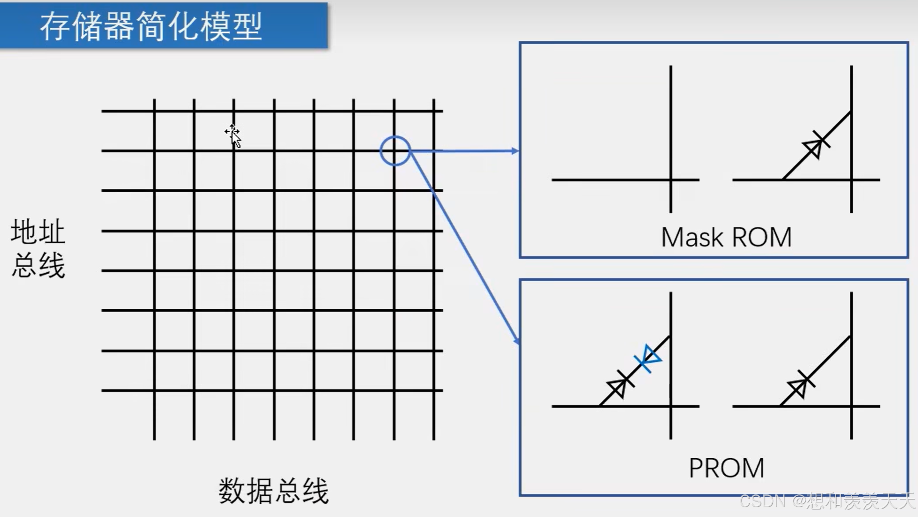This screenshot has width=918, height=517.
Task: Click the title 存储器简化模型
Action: tap(151, 26)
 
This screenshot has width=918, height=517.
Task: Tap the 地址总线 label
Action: tap(38, 248)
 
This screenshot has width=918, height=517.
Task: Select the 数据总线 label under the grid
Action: tap(274, 491)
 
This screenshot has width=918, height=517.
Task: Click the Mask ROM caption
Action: tap(726, 237)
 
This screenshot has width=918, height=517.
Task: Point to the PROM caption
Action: tap(726, 468)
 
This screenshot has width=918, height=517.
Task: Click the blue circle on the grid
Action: tap(395, 151)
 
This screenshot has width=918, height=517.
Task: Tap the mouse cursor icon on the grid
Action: tap(233, 135)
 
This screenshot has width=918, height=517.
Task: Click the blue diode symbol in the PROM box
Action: tap(649, 359)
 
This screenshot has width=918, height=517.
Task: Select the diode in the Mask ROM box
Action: tap(816, 147)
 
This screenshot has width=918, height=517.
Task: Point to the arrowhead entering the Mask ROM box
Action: tap(516, 151)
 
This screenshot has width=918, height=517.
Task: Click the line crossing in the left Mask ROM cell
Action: tap(671, 180)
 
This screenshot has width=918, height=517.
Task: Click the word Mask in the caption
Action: tap(692, 237)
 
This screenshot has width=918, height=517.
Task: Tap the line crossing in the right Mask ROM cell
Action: tap(851, 180)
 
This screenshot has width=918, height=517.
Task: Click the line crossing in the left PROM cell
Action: tap(671, 406)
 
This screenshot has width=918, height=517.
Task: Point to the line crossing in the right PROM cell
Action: tap(851, 406)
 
